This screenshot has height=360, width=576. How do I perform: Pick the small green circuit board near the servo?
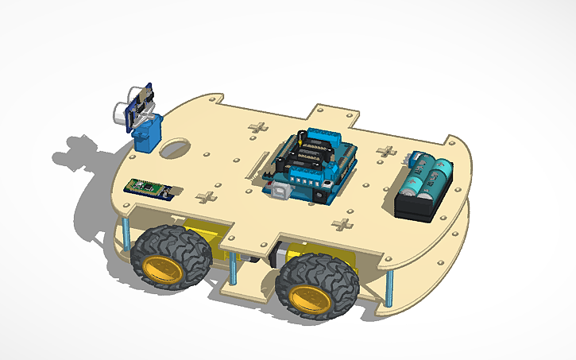click(153, 188)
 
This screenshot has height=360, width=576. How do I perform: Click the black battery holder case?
click(421, 203)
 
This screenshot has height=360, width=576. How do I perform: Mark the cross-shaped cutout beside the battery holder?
click(386, 151)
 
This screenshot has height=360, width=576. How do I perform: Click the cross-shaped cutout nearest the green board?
click(206, 198)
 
